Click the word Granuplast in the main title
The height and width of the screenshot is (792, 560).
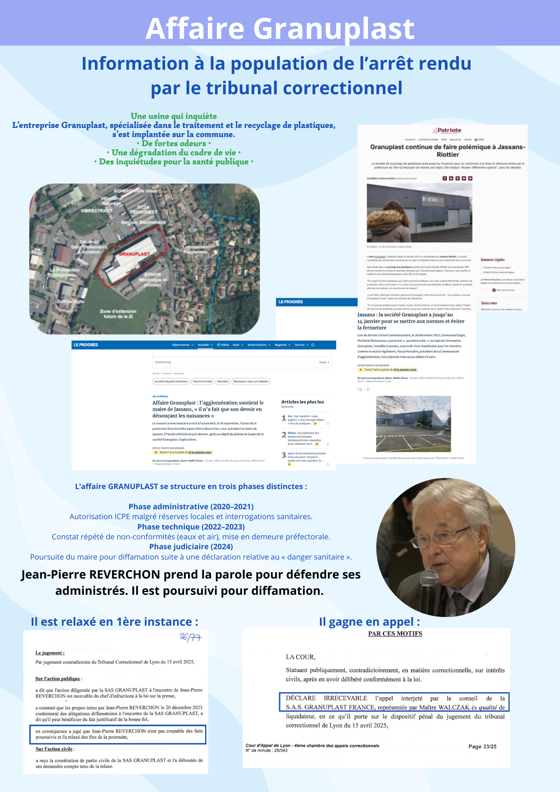[x=333, y=29]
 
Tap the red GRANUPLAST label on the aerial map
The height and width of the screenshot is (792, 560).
[x=134, y=254]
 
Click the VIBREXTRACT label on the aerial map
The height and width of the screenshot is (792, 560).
[x=97, y=211]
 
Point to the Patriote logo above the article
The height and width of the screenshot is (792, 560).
[x=447, y=130]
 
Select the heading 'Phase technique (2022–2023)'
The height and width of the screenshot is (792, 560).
[x=191, y=527]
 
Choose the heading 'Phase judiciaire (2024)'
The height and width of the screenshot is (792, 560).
[x=191, y=546]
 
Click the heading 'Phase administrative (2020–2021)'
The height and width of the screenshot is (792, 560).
[x=191, y=506]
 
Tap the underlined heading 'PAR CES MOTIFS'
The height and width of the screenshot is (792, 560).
[x=395, y=634]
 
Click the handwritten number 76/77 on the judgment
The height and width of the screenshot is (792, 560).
[x=190, y=637]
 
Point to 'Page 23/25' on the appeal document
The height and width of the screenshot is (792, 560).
[x=482, y=746]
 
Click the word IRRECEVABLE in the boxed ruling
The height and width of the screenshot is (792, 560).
[x=345, y=698]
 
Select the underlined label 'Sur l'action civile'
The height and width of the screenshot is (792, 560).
[x=54, y=749]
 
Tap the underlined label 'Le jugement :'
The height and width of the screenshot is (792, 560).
[x=50, y=653]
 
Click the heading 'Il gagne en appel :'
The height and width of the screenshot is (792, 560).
[x=369, y=622]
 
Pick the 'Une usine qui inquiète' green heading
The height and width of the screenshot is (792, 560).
[x=173, y=116]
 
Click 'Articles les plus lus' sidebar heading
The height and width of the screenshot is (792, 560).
[x=302, y=402]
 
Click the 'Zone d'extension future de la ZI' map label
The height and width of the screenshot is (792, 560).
[x=118, y=314]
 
